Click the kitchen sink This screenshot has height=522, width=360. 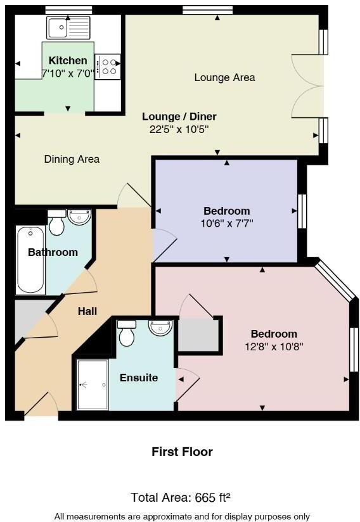click(68, 27)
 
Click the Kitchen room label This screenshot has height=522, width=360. click(68, 61)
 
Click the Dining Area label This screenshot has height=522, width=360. click(72, 159)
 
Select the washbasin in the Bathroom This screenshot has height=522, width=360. click(79, 218)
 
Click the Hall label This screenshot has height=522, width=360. click(87, 311)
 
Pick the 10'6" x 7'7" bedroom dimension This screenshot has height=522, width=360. click(227, 223)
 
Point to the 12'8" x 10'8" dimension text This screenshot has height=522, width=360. click(274, 347)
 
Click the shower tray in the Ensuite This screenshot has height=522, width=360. click(93, 385)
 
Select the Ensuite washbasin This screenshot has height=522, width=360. click(160, 328)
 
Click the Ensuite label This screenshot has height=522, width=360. click(139, 378)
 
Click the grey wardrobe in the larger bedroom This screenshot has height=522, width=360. click(198, 335)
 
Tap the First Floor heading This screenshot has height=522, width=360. click(182, 452)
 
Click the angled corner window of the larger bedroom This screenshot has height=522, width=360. click(335, 281)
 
